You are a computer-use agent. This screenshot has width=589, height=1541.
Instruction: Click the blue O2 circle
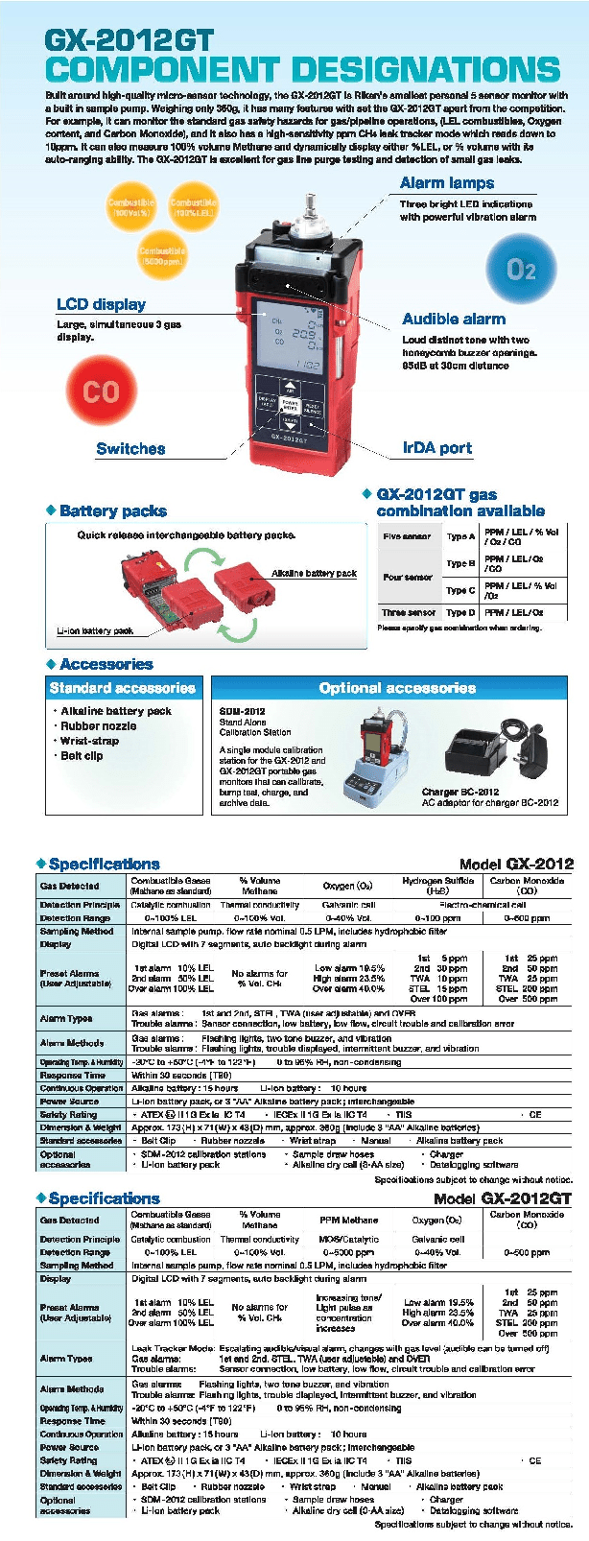coord(521,270)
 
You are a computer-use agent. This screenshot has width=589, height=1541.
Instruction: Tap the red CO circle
coord(101,391)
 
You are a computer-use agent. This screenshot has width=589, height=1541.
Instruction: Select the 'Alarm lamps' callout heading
coord(447,182)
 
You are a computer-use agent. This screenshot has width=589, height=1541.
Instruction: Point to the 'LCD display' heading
coord(101,304)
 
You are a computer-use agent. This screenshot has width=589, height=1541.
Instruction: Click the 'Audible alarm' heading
coord(454,320)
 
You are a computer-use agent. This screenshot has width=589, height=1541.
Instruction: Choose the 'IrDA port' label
coord(437,448)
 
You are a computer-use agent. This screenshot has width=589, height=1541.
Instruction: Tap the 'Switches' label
coord(130,448)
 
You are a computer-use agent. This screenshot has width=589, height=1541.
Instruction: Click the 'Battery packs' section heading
coord(113,511)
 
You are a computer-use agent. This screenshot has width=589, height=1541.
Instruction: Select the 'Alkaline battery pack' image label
coord(314,574)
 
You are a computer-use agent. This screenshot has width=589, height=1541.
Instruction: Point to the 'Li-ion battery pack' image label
coord(95,630)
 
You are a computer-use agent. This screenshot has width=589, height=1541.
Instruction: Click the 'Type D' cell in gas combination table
coord(460,612)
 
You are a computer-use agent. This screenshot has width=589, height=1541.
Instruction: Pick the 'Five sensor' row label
coord(407,536)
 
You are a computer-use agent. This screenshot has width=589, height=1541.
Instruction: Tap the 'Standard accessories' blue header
coord(122,688)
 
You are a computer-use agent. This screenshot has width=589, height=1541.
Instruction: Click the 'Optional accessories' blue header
coord(397,688)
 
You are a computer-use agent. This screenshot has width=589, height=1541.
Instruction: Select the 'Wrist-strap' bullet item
coord(90,741)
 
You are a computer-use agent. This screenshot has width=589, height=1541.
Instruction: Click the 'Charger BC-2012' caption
coord(459,792)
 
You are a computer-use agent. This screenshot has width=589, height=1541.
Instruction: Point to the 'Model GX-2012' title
coord(516,864)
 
